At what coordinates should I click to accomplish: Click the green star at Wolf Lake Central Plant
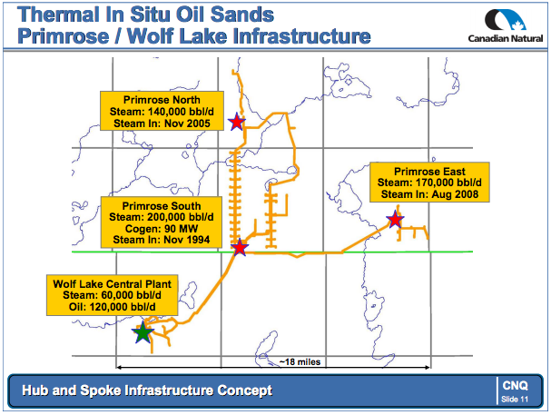click(x=143, y=332)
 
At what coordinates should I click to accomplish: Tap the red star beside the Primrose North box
click(x=237, y=122)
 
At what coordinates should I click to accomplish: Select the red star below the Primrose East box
click(x=395, y=219)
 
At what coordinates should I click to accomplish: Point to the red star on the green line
click(x=240, y=247)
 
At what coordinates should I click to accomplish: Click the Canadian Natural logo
click(x=506, y=25)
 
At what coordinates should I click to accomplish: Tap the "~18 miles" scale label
click(x=300, y=362)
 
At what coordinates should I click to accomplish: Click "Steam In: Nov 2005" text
click(x=162, y=124)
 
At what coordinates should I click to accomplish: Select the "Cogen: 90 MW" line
click(x=162, y=229)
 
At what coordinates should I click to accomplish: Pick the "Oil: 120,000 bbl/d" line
click(x=112, y=307)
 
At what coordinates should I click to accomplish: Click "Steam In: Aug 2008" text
click(x=429, y=194)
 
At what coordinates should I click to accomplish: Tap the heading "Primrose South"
click(x=162, y=206)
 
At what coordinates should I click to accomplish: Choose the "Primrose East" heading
click(x=429, y=172)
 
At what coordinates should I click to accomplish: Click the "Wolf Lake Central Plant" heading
click(x=112, y=284)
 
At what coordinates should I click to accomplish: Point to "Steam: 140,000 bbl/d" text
click(x=162, y=112)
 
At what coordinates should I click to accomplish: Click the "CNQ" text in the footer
click(x=515, y=385)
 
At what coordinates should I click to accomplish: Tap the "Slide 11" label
click(x=515, y=400)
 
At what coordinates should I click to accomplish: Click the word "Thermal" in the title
click(x=59, y=15)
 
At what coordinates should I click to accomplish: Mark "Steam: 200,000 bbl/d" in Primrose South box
click(x=162, y=217)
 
